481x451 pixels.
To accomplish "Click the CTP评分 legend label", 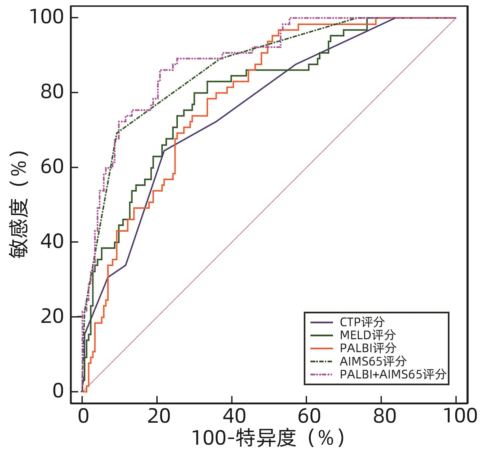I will (362, 322).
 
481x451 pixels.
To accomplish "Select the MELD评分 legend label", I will (368, 335).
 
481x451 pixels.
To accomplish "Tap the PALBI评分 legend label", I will (368, 348).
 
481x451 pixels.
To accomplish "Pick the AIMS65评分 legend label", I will (373, 361).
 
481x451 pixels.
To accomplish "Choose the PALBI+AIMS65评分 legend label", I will (393, 374).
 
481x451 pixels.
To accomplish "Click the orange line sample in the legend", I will (322, 348).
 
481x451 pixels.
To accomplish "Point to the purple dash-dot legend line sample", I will (322, 374).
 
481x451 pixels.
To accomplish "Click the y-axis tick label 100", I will (47, 17).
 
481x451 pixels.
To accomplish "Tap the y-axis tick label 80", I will (52, 92).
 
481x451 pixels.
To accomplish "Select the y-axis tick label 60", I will (52, 167).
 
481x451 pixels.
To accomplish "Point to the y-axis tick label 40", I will (52, 242).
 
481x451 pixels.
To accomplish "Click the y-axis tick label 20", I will (52, 317).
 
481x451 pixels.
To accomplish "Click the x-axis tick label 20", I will (159, 416).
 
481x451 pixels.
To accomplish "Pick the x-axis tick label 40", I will (234, 416).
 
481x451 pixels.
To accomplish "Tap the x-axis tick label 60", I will (309, 416).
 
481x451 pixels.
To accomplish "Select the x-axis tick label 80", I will (384, 416).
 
